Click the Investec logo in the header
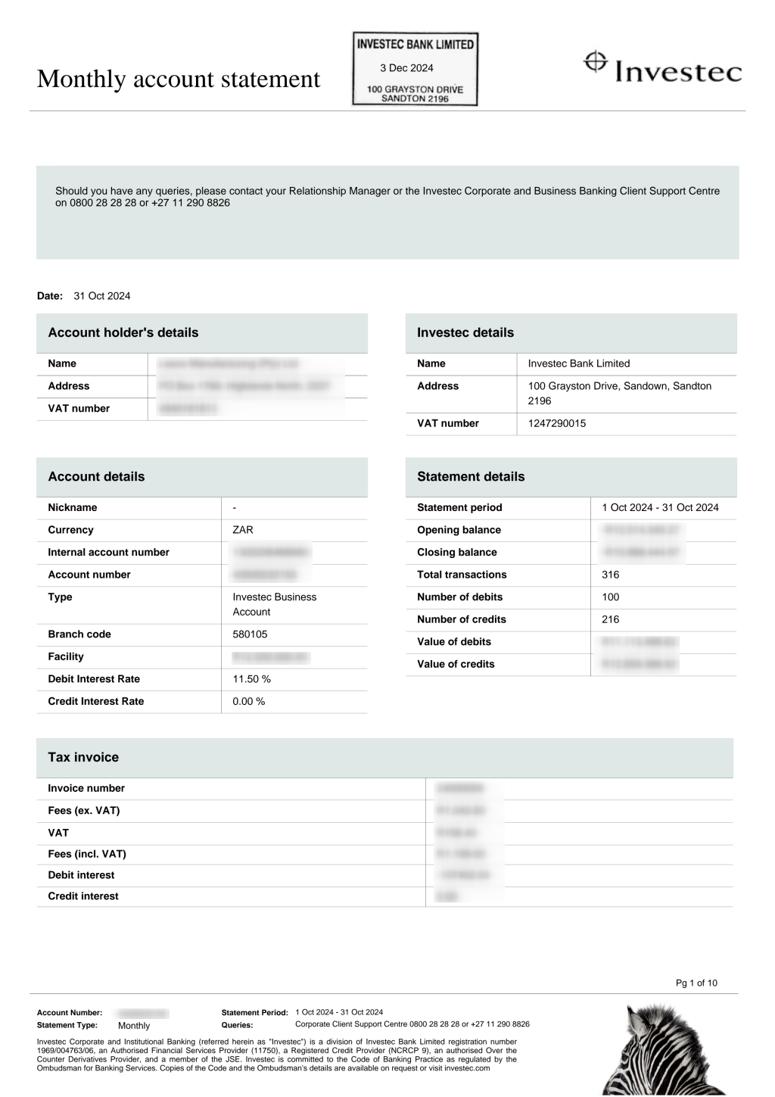[662, 67]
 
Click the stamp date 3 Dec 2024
[406, 68]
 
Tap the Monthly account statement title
[179, 79]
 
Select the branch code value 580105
[250, 634]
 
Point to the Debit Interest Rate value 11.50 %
[251, 679]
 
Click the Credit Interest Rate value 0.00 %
[248, 701]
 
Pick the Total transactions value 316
[610, 575]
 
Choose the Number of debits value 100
[610, 597]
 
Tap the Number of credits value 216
[610, 619]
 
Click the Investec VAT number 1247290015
[556, 423]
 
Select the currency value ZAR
[242, 530]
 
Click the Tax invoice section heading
[83, 757]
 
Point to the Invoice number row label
[86, 788]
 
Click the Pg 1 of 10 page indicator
[696, 983]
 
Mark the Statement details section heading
[471, 477]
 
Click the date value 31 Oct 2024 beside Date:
[102, 296]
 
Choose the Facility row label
[66, 656]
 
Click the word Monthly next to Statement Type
[134, 1026]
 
